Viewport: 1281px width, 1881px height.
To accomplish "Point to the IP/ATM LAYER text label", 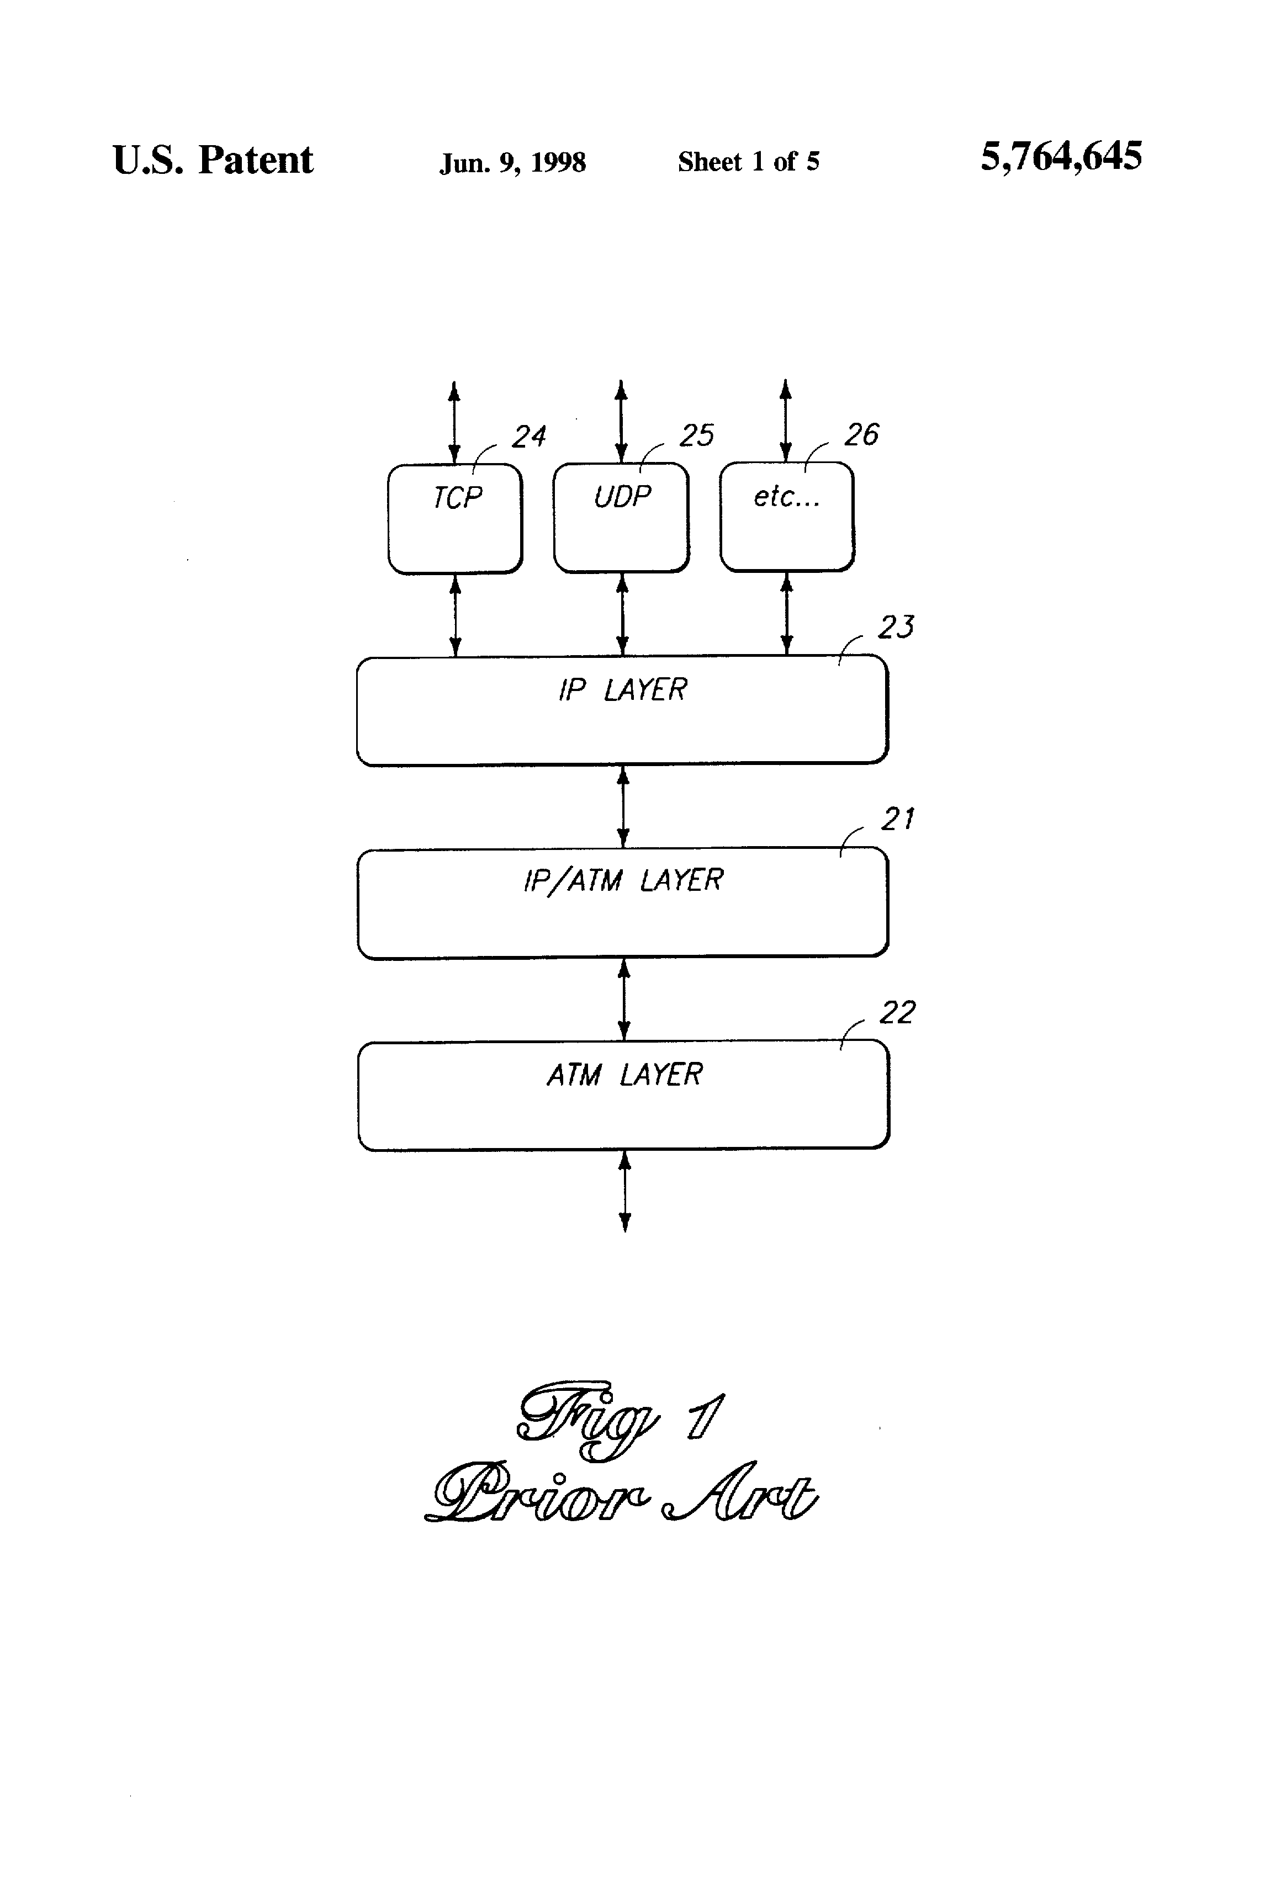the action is tap(623, 880).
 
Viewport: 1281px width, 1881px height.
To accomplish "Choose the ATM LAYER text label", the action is tap(624, 1075).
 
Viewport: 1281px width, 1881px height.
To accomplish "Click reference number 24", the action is tap(529, 437).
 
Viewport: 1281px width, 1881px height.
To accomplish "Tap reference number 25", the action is tap(696, 435).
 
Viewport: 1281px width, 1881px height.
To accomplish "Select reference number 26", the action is tap(861, 434).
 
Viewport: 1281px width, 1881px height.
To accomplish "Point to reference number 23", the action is tap(896, 627).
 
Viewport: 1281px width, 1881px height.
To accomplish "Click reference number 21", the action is tap(898, 819).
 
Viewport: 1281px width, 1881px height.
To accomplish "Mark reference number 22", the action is tap(898, 1013).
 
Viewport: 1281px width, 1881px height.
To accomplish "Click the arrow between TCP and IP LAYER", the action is tap(455, 615).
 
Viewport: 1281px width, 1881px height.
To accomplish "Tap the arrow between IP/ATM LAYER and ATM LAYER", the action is tap(623, 1000).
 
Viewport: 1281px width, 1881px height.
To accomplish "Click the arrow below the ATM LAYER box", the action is tap(624, 1192).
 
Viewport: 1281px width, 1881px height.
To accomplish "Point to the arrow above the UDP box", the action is tap(621, 421).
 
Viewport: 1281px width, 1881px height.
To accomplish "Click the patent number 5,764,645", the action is tap(1062, 156).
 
